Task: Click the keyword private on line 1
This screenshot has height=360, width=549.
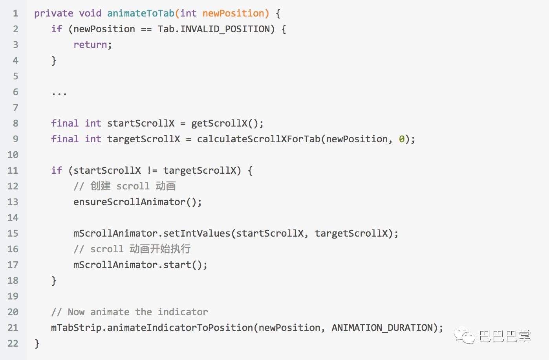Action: click(x=53, y=13)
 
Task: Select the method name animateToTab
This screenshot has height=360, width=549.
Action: click(x=141, y=13)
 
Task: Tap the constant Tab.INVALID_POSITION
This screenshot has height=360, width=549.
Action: click(x=214, y=29)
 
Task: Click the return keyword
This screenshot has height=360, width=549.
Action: click(x=90, y=45)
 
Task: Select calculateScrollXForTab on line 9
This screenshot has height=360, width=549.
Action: click(x=258, y=139)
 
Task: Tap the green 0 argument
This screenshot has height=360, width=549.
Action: click(x=402, y=139)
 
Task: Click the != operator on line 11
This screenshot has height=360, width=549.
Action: click(x=152, y=171)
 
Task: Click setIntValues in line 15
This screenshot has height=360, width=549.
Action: click(x=197, y=233)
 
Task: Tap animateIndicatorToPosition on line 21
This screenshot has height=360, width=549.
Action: click(x=180, y=328)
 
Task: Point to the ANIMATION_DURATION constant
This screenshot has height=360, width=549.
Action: click(x=382, y=328)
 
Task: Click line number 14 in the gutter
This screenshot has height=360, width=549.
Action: click(x=13, y=218)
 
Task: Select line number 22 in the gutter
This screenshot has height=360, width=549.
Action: click(x=13, y=343)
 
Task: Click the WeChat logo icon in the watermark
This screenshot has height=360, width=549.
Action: click(x=464, y=336)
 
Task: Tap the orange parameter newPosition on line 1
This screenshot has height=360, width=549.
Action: click(x=233, y=13)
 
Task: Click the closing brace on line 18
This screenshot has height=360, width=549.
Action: click(x=54, y=281)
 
